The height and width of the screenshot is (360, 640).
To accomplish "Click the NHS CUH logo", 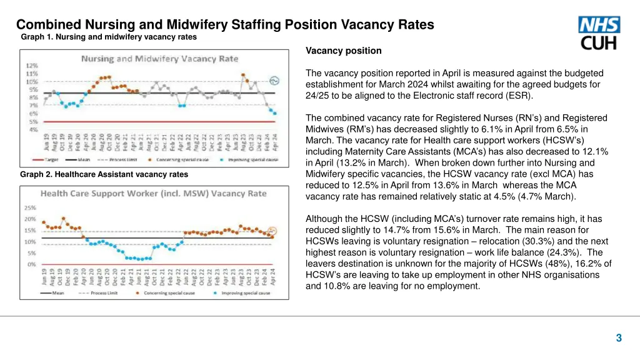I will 599,33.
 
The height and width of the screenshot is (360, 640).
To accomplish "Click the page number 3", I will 619,338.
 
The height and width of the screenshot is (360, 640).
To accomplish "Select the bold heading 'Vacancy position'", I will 344,51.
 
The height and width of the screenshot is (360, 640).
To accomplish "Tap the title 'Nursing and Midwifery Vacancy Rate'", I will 159,59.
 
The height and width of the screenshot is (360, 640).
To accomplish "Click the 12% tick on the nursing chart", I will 31,65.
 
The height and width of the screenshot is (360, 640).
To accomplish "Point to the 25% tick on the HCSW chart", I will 30,207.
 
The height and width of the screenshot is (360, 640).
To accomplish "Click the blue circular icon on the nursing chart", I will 274,80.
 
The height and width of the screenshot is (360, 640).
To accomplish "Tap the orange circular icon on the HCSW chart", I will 272,230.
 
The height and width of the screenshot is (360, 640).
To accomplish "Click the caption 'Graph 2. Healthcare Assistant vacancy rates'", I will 104,174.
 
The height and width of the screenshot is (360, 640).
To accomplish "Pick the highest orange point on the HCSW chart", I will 63,218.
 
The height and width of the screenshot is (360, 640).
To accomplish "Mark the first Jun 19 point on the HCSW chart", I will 43,222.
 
